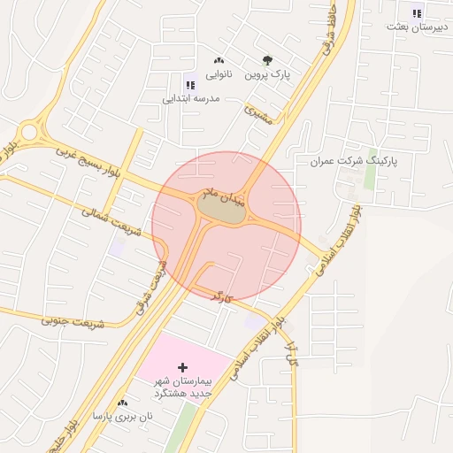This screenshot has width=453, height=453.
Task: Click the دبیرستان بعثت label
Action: pyautogui.click(x=418, y=27)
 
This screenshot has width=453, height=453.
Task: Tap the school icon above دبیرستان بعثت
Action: pyautogui.click(x=418, y=12)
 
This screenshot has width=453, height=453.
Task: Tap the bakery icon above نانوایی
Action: pyautogui.click(x=219, y=60)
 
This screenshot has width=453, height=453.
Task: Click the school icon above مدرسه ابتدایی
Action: pyautogui.click(x=189, y=85)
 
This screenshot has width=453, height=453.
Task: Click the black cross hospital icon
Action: pyautogui.click(x=183, y=366)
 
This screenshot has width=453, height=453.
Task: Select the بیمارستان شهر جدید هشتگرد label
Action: pyautogui.click(x=185, y=386)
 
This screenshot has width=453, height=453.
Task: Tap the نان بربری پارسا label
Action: pyautogui.click(x=123, y=416)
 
